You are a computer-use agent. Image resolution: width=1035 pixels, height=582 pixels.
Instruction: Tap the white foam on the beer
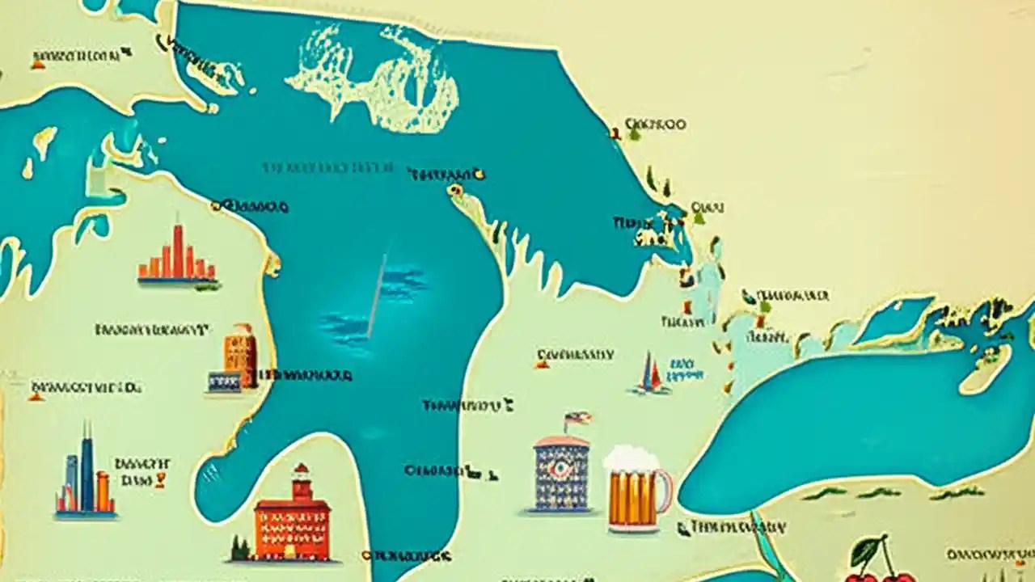coord(631,458)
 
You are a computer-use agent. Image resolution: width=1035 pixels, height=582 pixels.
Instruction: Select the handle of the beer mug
coord(664,491)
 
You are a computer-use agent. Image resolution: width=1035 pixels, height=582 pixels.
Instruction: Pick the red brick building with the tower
coord(293,521)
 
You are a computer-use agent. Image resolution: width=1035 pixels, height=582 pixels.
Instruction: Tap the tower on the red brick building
coord(302,482)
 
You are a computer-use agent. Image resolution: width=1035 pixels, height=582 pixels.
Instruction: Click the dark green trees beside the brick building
coord(239,549)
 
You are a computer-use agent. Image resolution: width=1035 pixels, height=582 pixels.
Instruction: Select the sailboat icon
coord(650,374)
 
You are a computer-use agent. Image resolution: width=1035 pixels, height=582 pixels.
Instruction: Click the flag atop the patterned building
coord(576,419)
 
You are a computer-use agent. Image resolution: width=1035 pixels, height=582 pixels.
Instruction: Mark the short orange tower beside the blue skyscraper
coord(103,491)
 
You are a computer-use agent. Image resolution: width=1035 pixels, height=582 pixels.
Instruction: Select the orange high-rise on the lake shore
coord(241,356)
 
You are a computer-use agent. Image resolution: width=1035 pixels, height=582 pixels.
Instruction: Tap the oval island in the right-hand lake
coord(985,368)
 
